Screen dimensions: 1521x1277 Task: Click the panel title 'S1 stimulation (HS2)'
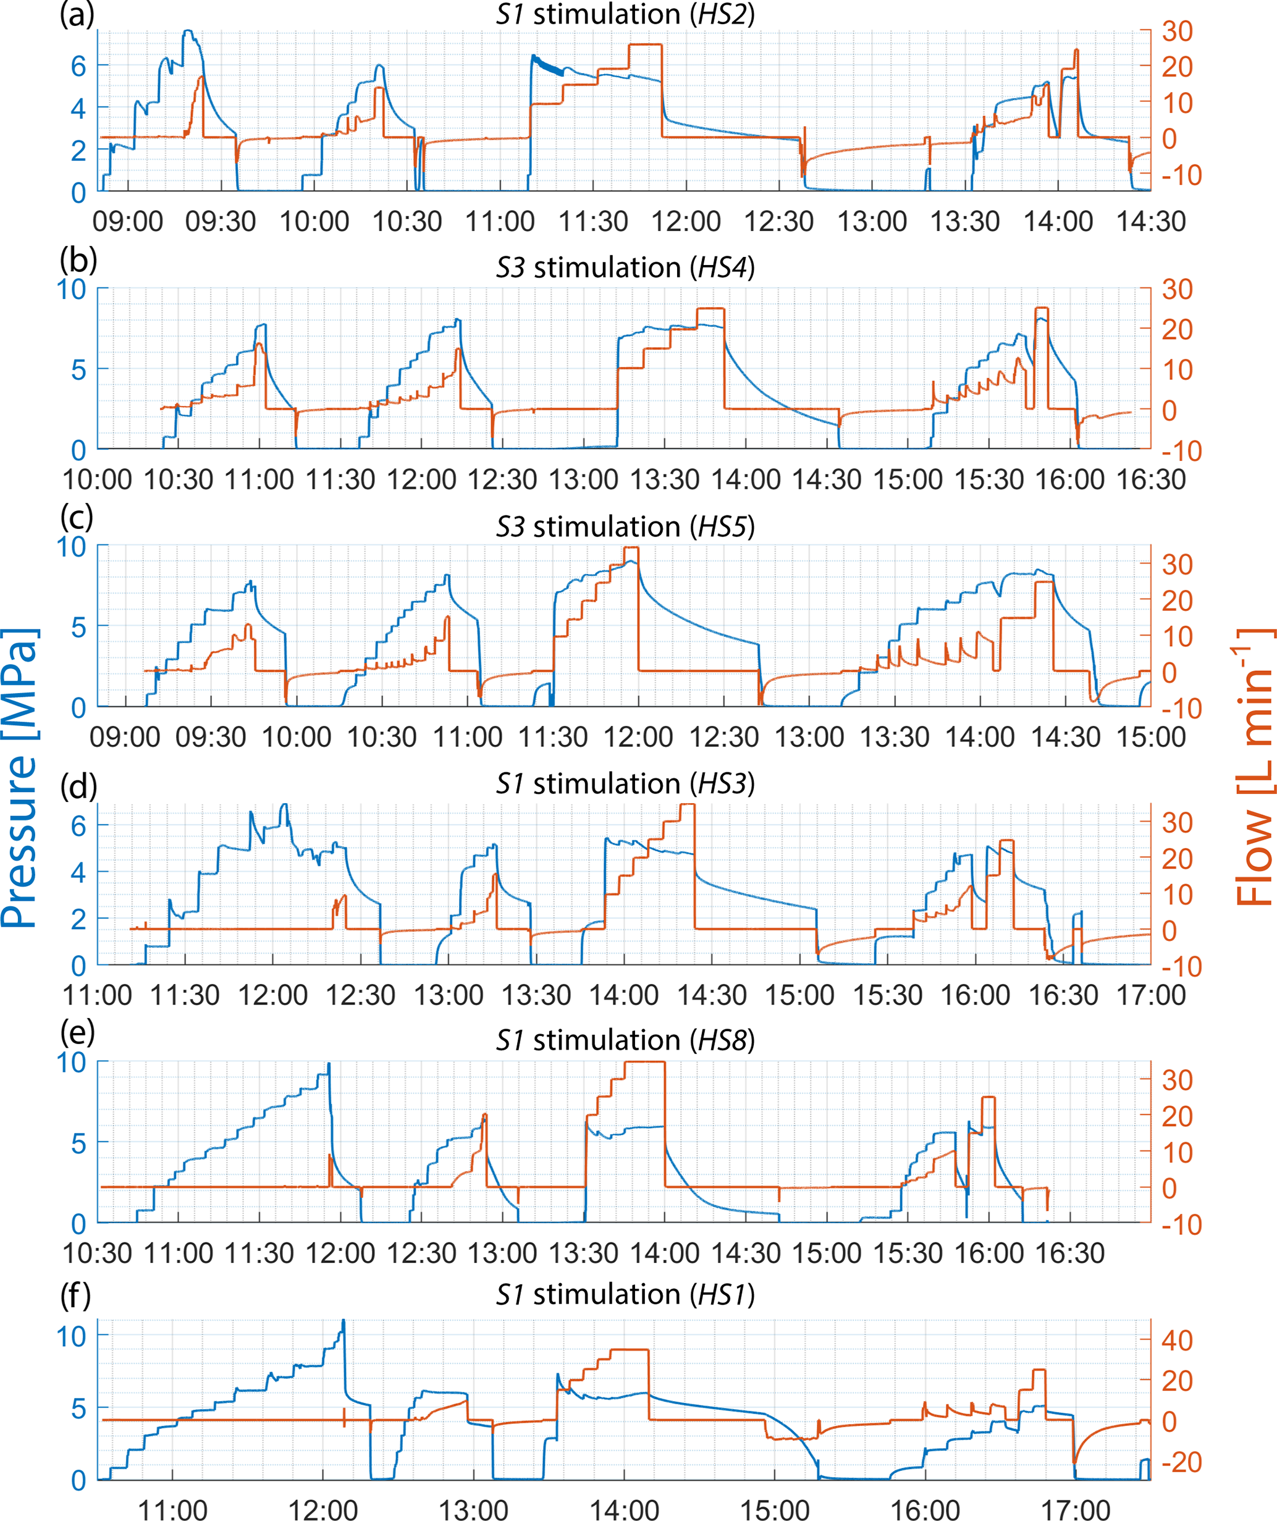tap(625, 14)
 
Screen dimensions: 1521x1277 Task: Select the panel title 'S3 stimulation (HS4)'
tap(625, 268)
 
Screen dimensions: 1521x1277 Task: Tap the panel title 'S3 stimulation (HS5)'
tap(625, 526)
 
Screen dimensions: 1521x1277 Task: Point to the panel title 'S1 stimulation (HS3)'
tap(625, 784)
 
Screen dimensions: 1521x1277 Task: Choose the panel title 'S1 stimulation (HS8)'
tap(625, 1040)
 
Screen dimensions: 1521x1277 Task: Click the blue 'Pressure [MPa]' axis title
tap(20, 778)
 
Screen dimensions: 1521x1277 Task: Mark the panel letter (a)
tap(77, 14)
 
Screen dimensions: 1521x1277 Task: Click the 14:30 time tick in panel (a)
tap(1150, 222)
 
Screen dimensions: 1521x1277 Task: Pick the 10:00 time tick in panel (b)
tap(97, 479)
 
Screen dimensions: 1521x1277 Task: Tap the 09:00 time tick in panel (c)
tap(125, 737)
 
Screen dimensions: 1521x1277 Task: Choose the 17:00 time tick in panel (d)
tap(1150, 995)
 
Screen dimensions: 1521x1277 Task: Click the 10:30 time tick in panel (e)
tap(97, 1253)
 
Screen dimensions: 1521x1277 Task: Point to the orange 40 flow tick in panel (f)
tap(1177, 1340)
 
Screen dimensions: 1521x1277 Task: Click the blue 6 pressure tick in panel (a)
tap(78, 66)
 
